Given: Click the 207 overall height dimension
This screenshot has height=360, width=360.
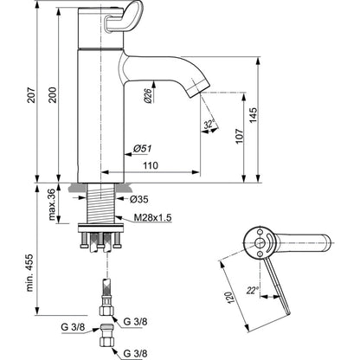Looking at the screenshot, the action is pos(31,95).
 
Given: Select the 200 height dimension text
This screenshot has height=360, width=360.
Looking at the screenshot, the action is pos(53,95).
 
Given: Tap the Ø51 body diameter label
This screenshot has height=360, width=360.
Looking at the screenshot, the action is pos(143,149).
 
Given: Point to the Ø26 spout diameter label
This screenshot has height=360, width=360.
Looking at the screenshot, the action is pos(147,95).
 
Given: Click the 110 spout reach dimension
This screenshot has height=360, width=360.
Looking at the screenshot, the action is pos(151,165).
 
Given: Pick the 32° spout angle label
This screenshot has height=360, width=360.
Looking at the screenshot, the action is pos(209,124).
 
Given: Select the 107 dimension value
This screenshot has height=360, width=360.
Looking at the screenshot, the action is pos(239,137).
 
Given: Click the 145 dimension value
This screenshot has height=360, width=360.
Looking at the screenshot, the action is pos(253,115).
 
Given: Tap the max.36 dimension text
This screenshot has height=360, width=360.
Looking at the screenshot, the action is pos(52,204).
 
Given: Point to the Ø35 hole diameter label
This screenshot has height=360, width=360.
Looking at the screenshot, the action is pos(139,199).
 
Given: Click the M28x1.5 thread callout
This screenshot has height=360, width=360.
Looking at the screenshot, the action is pos(153,218).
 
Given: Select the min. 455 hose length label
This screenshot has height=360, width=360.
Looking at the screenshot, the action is pos(30,273).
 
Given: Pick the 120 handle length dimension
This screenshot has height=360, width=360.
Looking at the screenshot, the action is pos(228,297).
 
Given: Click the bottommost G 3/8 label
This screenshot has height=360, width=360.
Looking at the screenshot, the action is pos(135,353).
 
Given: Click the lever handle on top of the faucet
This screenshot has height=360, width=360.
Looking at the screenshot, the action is pos(124,16).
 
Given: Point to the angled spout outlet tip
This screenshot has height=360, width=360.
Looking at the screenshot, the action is pos(198,90).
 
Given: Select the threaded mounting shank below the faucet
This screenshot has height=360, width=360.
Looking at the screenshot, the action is pos(101,203).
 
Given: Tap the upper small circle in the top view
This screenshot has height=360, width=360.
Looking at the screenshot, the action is pos(260,232).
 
